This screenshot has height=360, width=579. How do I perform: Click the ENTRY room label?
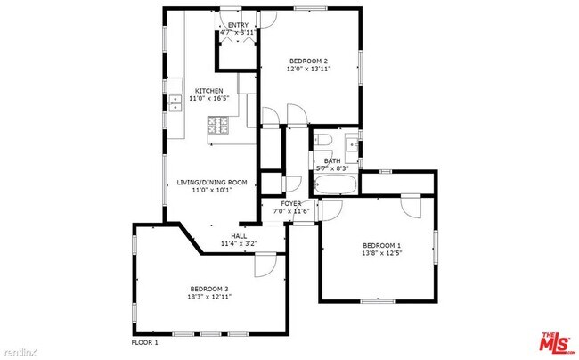pos(238,25)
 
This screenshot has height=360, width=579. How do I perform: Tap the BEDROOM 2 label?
pos(309,60)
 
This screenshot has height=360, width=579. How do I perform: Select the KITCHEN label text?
pos(209,90)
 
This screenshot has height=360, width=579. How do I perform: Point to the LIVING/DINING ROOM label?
pos(211,182)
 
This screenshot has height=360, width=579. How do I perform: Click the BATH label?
pos(332,160)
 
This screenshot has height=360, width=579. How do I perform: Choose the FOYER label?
pos(291,203)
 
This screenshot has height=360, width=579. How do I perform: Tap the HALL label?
pos(239,236)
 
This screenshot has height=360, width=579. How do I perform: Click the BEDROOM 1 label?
pos(381,245)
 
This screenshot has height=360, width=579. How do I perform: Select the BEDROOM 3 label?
pos(209,288)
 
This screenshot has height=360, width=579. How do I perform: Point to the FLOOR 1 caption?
pos(144,342)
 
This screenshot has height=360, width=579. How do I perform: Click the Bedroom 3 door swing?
pos(265,264)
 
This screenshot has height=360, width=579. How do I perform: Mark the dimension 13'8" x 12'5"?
pos(381,254)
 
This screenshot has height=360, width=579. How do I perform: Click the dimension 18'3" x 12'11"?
pos(209,297)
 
